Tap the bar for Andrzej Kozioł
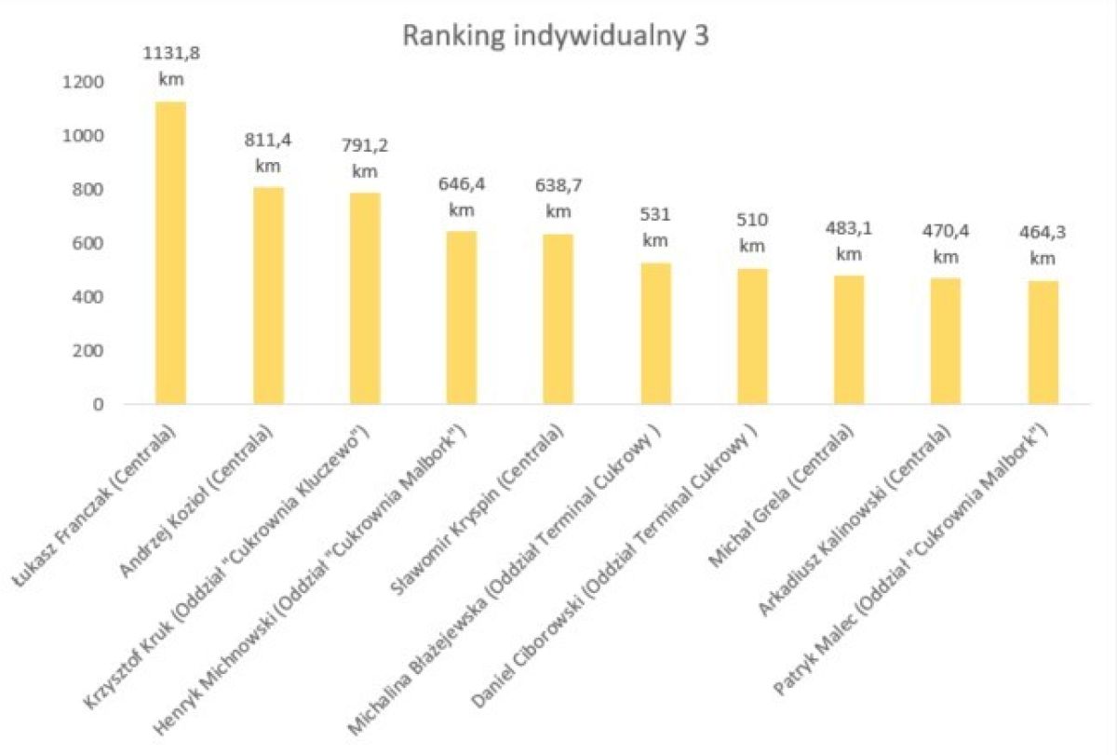268,296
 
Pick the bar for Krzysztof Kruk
365,299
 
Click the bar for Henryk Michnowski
462,317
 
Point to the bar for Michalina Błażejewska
655,333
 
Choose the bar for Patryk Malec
1043,343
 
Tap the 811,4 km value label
268,154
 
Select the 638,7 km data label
558,198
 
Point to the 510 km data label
752,234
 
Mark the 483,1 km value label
849,239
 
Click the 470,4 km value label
946,244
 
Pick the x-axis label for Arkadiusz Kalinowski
856,521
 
